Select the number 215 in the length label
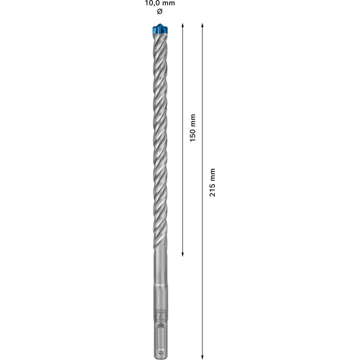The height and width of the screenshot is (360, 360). coord(212,188)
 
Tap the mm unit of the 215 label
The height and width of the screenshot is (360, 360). coord(212,173)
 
